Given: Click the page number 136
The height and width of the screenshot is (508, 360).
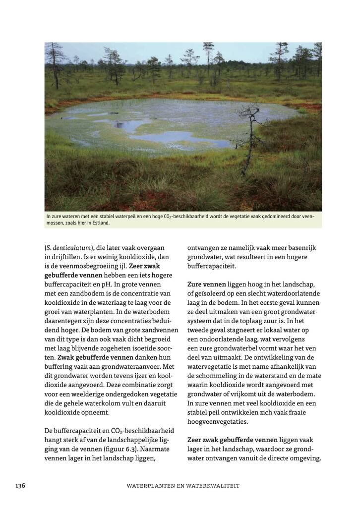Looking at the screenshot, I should tap(20, 485).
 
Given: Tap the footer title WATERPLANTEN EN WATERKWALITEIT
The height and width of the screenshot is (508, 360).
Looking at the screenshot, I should tap(183, 486).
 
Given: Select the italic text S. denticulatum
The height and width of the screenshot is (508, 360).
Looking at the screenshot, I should tap(68, 247).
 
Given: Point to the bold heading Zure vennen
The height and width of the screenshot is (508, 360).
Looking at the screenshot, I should tap(206, 284).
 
